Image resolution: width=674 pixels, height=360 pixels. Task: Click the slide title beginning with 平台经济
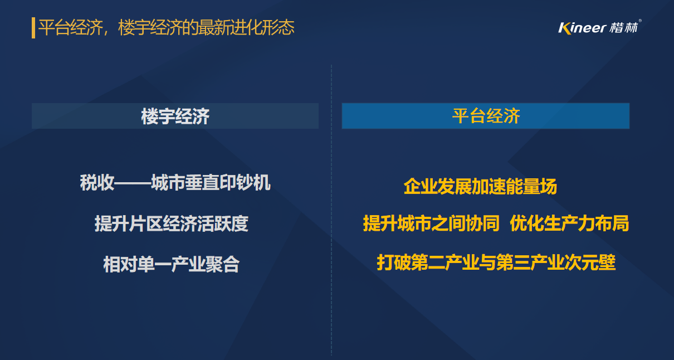[166, 27]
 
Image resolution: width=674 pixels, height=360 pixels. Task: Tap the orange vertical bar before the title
[33, 28]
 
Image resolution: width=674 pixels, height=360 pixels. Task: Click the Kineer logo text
[582, 28]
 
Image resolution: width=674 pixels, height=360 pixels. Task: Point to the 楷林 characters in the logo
[623, 28]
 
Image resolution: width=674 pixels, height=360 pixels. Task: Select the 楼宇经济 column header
[175, 116]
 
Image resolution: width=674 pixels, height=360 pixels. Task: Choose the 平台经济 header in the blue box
[486, 116]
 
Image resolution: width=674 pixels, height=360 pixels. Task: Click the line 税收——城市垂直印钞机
[175, 182]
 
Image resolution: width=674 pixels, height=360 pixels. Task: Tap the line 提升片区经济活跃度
[172, 223]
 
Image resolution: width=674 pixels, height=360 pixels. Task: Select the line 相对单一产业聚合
[171, 264]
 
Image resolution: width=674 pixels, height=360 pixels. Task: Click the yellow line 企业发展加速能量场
[480, 186]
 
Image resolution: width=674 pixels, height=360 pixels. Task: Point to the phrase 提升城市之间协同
[431, 223]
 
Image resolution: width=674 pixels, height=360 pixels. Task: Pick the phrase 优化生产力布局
[569, 223]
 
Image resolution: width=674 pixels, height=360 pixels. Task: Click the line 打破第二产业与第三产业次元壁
[496, 262]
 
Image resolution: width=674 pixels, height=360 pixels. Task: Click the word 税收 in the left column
[97, 182]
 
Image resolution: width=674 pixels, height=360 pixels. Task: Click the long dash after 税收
[133, 183]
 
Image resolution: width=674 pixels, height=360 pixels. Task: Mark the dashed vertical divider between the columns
[331, 210]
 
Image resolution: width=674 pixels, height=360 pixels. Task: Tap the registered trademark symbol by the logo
[639, 21]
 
